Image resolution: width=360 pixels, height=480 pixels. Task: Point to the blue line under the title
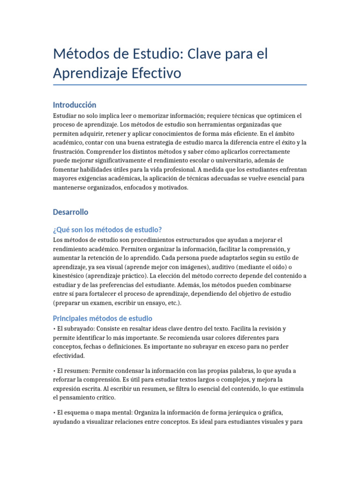tap(180, 85)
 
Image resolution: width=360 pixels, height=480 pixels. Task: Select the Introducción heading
tap(75, 105)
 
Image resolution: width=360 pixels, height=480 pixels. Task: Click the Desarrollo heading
tap(71, 212)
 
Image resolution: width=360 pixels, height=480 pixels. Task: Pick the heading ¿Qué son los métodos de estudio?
tap(108, 229)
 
